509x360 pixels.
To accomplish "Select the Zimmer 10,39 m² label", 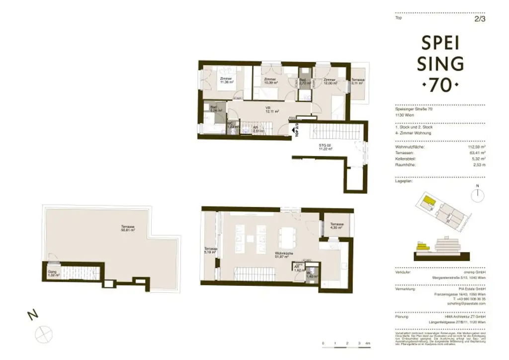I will (x=270, y=81).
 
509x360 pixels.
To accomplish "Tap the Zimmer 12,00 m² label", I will (x=329, y=81).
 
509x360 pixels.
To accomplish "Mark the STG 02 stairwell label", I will (x=325, y=147).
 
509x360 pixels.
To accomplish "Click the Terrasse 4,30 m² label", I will (x=336, y=226).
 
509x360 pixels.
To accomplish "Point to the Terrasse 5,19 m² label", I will (x=211, y=251).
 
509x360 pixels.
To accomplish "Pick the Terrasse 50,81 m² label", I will (x=128, y=229).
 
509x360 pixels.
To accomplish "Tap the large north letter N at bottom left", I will (x=31, y=314).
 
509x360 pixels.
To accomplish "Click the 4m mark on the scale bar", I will (x=368, y=344).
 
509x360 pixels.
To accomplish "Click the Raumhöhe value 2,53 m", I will (x=479, y=165).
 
